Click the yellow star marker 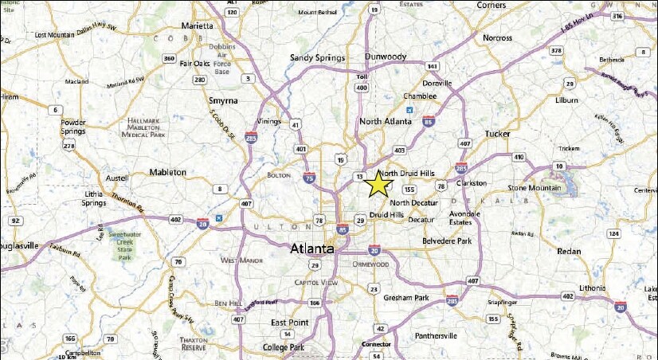pyautogui.click(x=378, y=184)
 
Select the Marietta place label pyautogui.click(x=197, y=25)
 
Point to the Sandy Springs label pyautogui.click(x=317, y=58)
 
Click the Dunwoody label pyautogui.click(x=386, y=57)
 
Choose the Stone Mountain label pyautogui.click(x=534, y=188)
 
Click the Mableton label pyautogui.click(x=167, y=172)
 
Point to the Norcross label pyautogui.click(x=498, y=37)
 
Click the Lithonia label pyautogui.click(x=570, y=287)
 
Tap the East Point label pyautogui.click(x=290, y=322)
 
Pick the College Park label pyautogui.click(x=286, y=348)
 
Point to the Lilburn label pyautogui.click(x=567, y=100)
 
